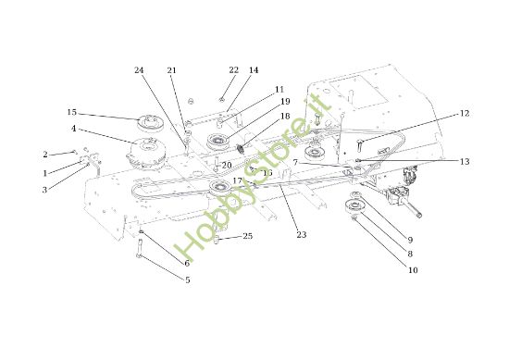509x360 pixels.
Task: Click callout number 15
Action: [x=71, y=112]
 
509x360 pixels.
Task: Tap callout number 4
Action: [x=73, y=129]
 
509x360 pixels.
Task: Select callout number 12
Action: [x=465, y=113]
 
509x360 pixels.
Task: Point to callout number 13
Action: [x=465, y=161]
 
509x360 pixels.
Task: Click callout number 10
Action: [x=413, y=270]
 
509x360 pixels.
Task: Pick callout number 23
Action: [x=302, y=235]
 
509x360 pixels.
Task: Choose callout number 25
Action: [x=247, y=237]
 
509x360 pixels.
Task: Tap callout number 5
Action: [x=187, y=279]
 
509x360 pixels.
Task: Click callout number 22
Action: [x=233, y=70]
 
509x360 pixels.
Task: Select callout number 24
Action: [x=139, y=70]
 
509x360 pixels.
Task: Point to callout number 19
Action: [x=285, y=101]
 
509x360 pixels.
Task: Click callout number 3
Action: [x=43, y=190]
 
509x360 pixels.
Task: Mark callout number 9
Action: [x=411, y=240]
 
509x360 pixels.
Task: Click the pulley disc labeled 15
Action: [x=148, y=121]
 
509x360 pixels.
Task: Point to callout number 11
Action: [x=279, y=89]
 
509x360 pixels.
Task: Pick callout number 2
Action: [x=43, y=155]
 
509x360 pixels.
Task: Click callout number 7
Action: [x=295, y=163]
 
